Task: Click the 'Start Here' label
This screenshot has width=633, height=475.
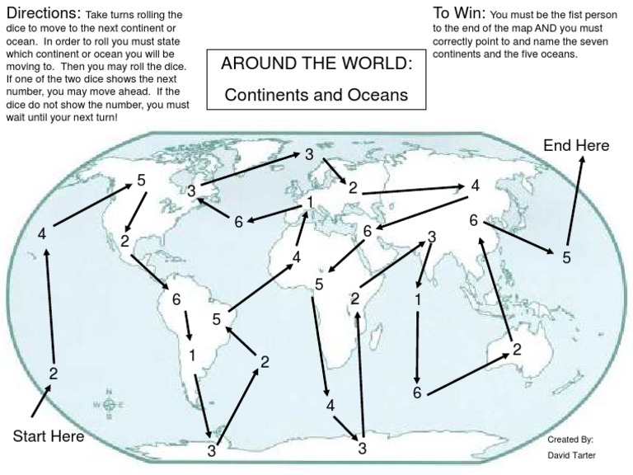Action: tap(48, 435)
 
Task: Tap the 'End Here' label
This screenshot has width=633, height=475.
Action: tap(576, 146)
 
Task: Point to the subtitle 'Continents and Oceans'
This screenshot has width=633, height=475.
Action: tap(317, 95)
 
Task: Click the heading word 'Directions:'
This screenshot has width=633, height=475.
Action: tap(42, 15)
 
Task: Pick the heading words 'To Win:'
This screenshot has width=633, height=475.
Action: tap(459, 14)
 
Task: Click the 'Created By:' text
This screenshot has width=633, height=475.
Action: tap(570, 440)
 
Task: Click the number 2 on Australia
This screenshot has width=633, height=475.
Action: tap(517, 349)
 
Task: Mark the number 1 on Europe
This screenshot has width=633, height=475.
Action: tap(309, 201)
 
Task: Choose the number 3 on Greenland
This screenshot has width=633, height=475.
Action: tap(190, 191)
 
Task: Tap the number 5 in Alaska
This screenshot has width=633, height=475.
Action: tap(141, 181)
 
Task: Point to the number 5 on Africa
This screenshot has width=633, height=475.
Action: tap(318, 285)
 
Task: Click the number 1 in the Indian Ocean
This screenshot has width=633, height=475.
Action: tap(418, 299)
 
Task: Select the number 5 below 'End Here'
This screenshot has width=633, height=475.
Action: tap(566, 256)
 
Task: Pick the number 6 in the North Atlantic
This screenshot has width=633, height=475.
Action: tap(238, 221)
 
